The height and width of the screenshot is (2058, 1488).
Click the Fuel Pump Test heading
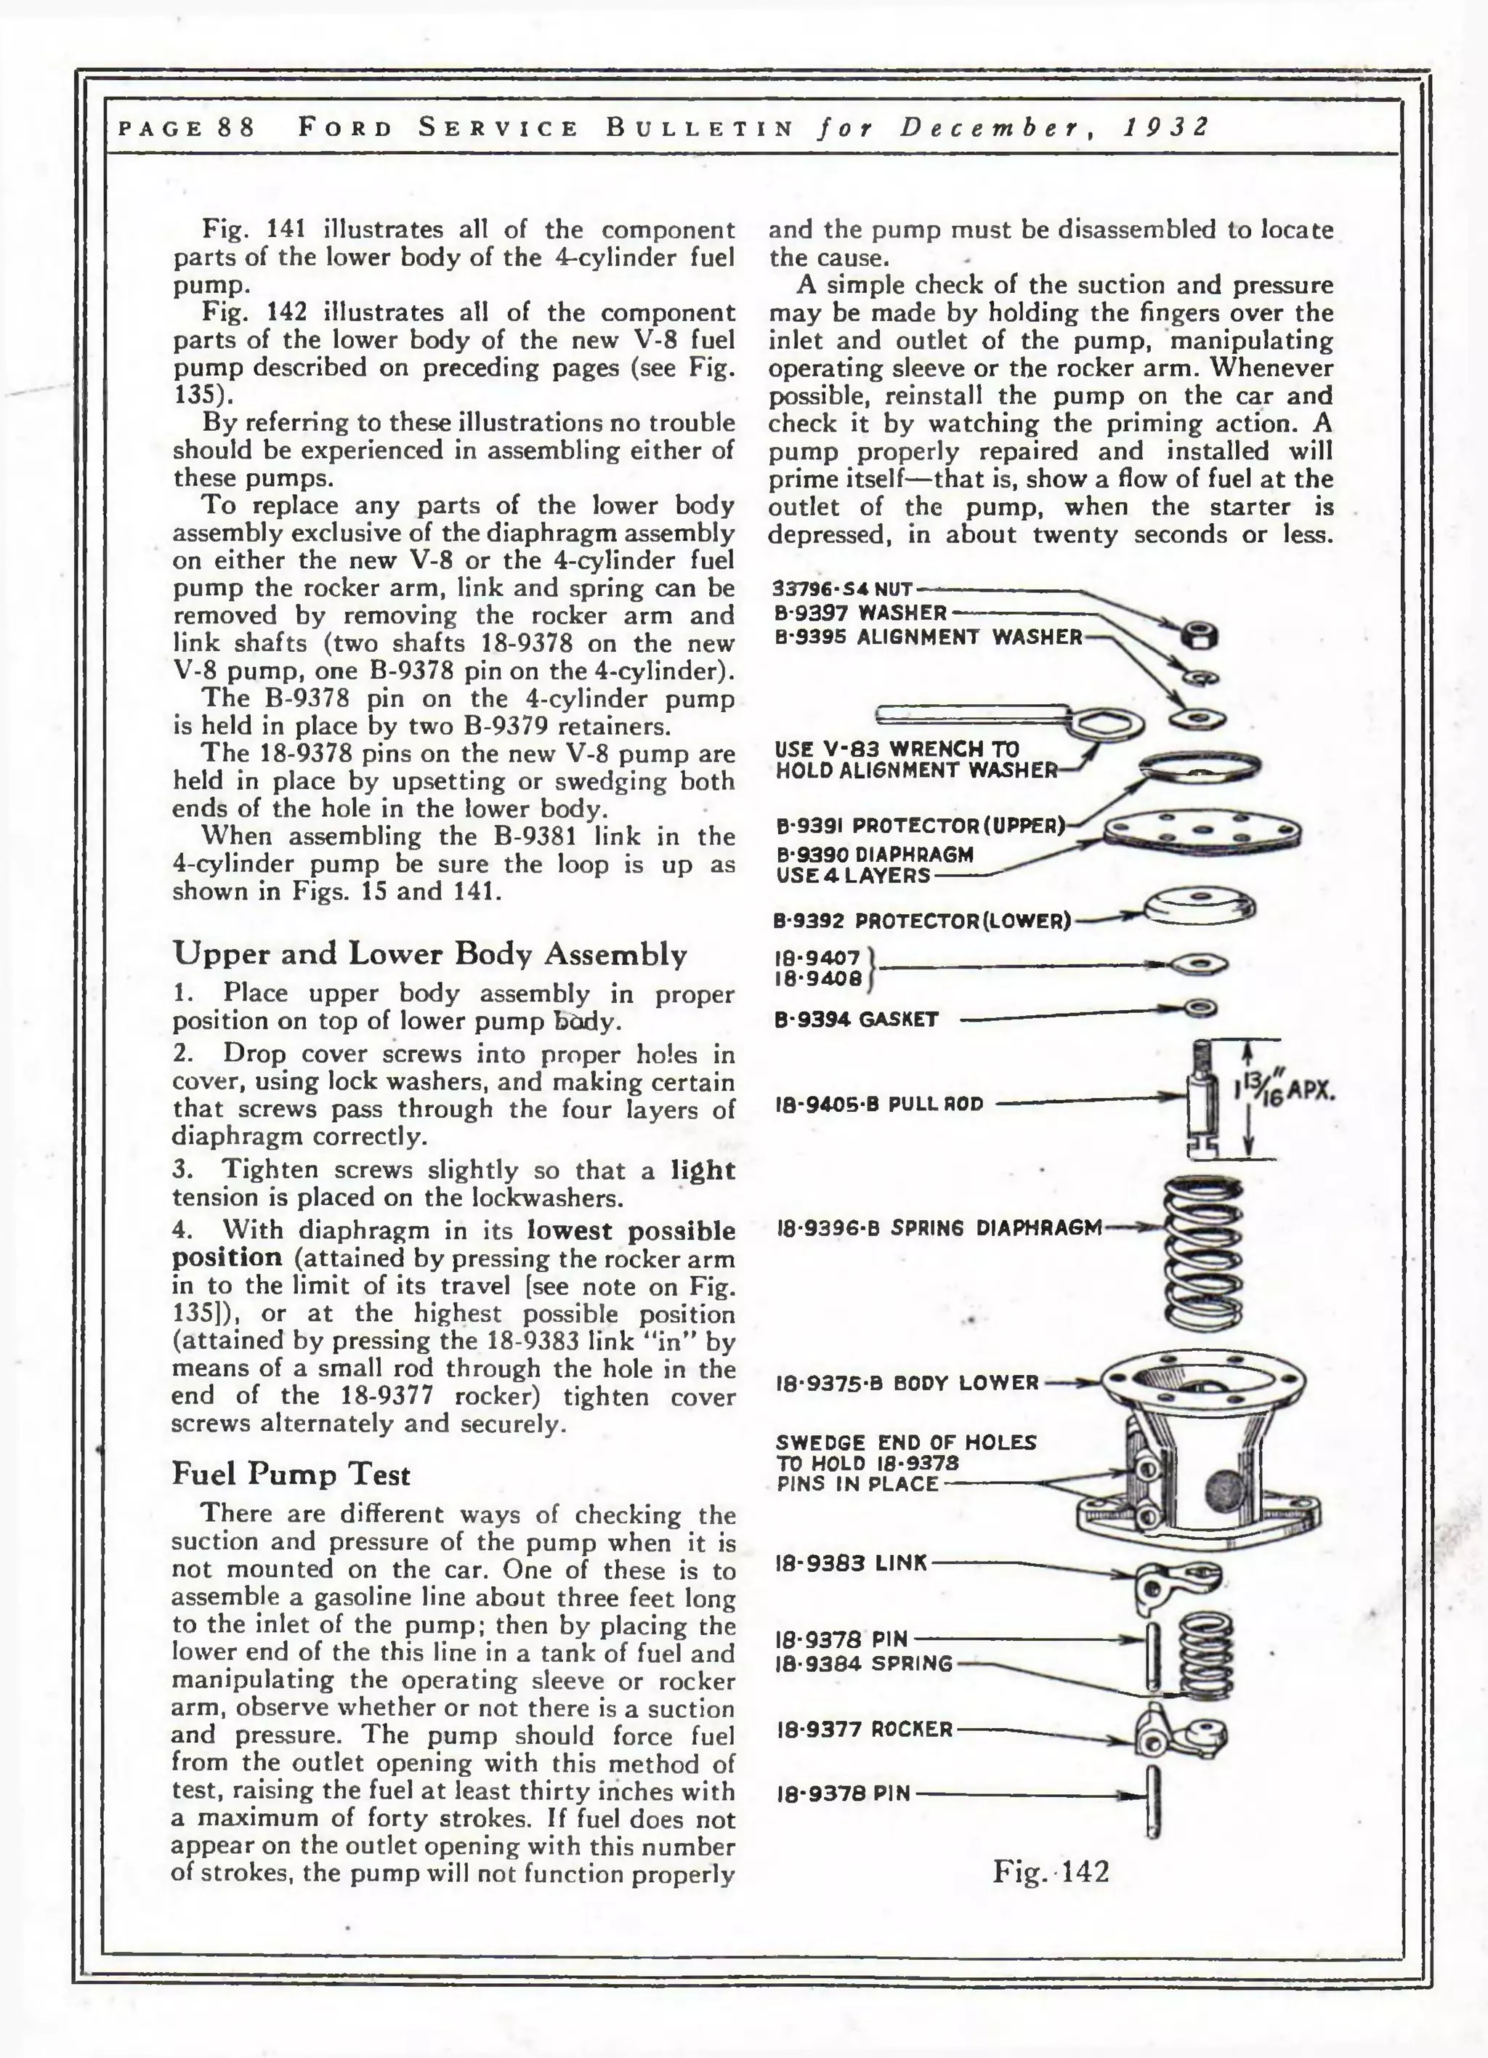click(291, 1474)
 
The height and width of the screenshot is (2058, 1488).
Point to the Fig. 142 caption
click(1050, 1871)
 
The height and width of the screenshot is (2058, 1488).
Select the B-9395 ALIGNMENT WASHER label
click(929, 637)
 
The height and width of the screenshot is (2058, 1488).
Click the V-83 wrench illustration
click(1007, 720)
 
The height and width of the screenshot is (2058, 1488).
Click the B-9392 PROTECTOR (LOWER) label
click(921, 921)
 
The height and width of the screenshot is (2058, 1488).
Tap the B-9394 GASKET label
click(856, 1019)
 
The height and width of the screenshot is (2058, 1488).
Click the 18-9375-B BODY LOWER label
click(907, 1384)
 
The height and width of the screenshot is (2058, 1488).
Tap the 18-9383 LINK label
click(851, 1562)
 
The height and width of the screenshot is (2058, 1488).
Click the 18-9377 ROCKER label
click(864, 1730)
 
